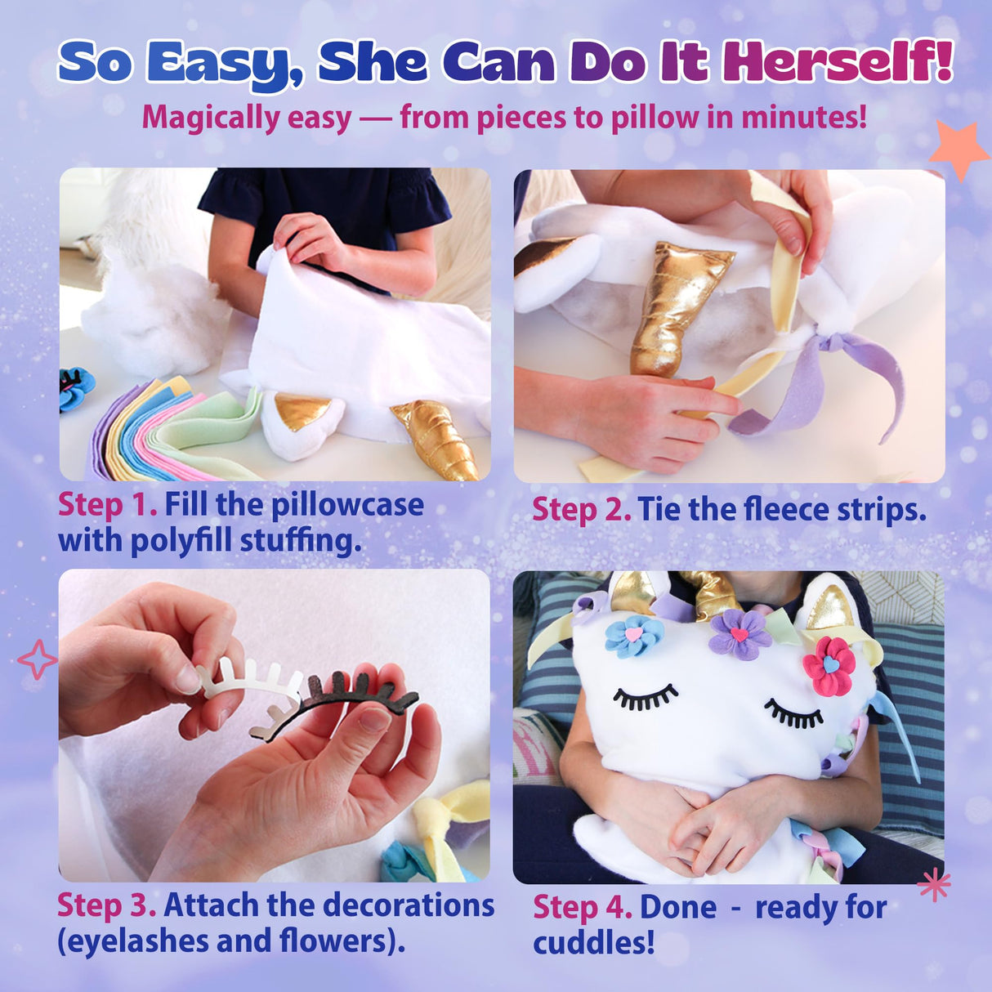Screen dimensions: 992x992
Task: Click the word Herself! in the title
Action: click(838, 61)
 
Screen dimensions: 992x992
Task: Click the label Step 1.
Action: click(107, 505)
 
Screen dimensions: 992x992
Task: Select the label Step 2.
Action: click(581, 510)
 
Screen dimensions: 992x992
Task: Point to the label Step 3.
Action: click(106, 905)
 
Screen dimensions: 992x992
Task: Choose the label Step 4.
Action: click(583, 908)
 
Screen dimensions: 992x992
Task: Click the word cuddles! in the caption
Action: click(594, 943)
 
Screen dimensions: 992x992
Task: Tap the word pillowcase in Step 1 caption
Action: click(347, 505)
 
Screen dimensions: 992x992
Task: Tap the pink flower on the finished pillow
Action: click(829, 665)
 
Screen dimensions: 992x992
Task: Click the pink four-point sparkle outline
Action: click(38, 659)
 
